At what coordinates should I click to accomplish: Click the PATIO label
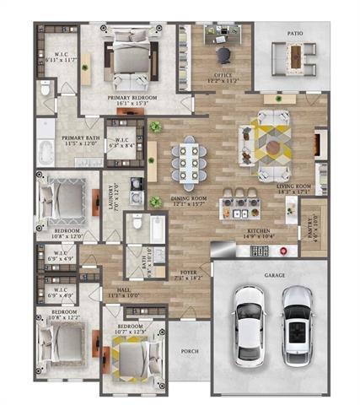293,35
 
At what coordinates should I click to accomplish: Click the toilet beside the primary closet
46,88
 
